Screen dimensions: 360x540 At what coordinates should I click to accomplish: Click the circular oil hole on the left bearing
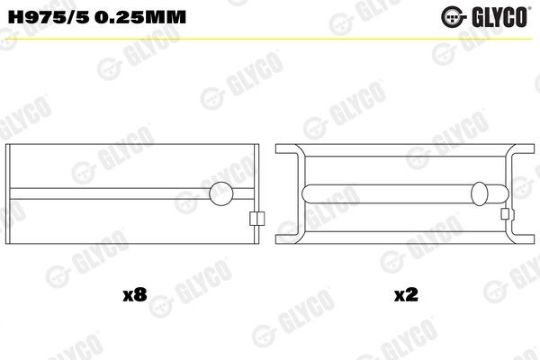point(221,192)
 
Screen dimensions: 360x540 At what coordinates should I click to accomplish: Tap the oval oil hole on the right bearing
point(481,192)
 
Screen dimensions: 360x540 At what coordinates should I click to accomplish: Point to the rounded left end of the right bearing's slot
point(308,192)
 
